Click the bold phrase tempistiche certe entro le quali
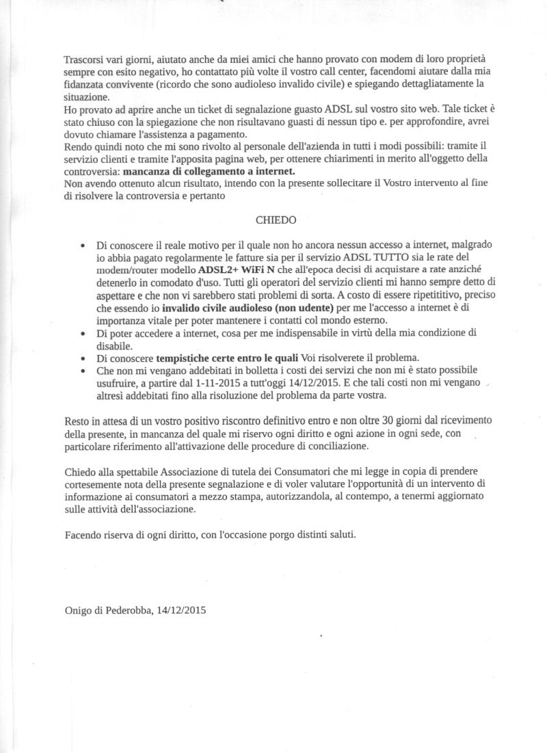point(227,358)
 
